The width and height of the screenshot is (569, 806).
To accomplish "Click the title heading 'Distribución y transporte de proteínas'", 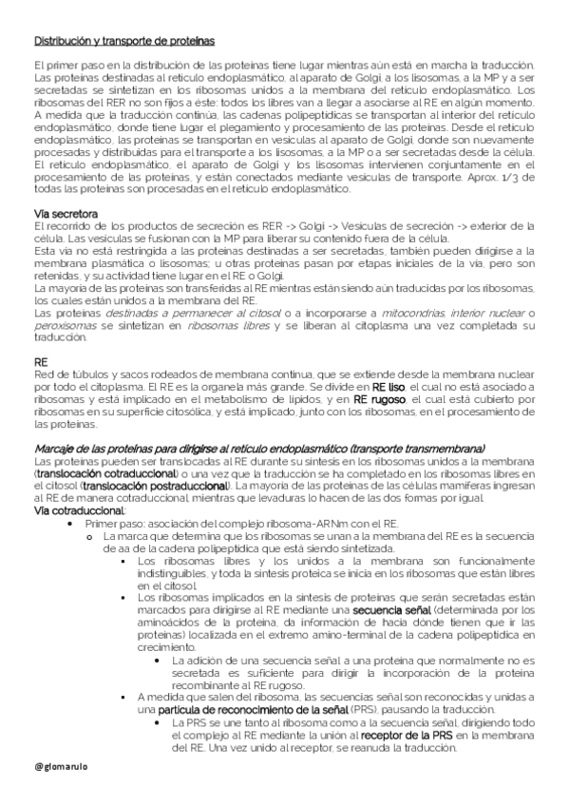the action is pos(123,42).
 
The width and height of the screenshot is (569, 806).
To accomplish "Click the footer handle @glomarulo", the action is pos(61,764).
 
